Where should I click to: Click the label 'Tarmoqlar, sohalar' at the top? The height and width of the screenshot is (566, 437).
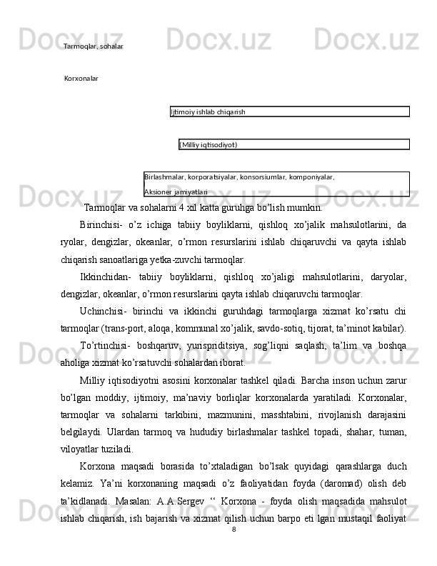93,46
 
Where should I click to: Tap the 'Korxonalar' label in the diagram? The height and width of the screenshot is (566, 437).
81,78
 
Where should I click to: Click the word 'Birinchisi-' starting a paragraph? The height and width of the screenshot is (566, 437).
101,225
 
